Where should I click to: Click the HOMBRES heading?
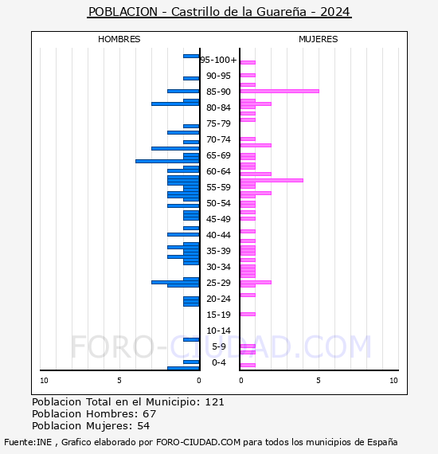119,39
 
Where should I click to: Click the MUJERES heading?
319,39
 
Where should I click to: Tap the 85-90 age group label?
218,92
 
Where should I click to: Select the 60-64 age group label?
218,171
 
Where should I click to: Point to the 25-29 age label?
218,283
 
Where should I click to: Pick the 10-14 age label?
218,331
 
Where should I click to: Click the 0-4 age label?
218,362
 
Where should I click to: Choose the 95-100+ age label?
218,60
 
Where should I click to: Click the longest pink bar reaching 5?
280,92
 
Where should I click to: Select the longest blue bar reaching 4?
167,161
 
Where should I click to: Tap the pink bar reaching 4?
272,180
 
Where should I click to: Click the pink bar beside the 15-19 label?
248,314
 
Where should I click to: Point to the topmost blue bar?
191,57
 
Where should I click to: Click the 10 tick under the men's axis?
44,381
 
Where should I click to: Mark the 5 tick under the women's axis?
319,381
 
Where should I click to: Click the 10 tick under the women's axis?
393,381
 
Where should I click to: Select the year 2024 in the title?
335,12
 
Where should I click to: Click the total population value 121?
214,402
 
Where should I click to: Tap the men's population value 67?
150,413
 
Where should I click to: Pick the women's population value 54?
143,426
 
